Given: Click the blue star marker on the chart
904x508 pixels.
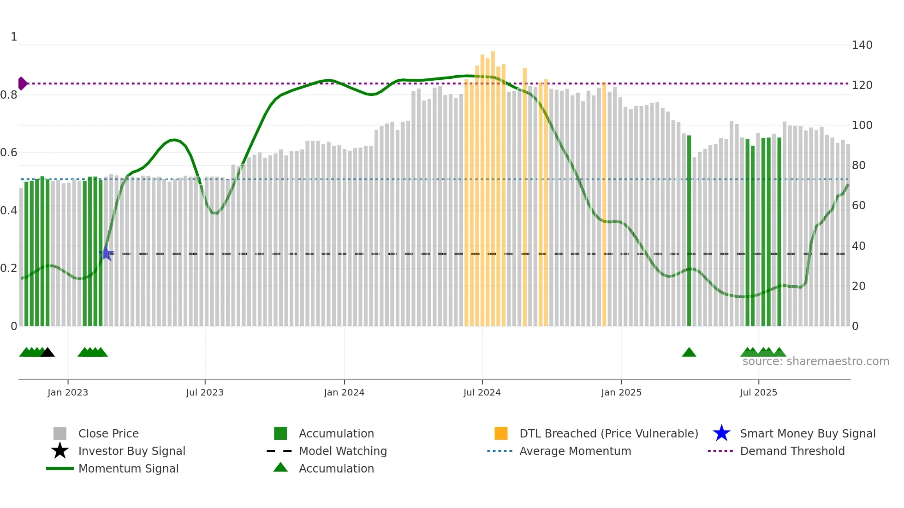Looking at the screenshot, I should coord(106,254).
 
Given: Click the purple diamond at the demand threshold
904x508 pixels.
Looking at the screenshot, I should coord(22,83).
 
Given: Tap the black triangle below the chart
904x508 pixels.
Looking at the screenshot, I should coord(48,353).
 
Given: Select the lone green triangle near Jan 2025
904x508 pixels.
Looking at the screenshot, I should coord(689,353).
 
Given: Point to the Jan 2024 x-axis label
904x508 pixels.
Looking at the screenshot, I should coord(344,392).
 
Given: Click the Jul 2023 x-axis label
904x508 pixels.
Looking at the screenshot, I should coord(205,392).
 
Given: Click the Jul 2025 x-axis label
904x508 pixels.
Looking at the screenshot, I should coord(758,392).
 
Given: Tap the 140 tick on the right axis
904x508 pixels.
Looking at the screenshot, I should coord(862,45).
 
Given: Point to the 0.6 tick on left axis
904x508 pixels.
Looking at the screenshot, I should coord(9,153).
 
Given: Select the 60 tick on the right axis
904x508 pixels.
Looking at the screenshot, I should coord(858,206).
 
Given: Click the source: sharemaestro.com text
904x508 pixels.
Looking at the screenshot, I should coord(815,361).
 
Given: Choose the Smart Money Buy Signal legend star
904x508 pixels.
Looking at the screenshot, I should coord(721,433).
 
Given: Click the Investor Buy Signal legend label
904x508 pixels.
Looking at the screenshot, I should coord(132,451).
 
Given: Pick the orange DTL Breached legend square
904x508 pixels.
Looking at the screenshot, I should coord(501,433).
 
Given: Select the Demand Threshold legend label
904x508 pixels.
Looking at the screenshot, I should coord(792,451).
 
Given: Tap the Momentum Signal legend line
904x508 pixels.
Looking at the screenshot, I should coord(60,468).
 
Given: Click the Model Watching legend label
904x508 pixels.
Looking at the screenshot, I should coord(343,451).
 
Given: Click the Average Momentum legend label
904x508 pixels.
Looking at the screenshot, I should coord(575,451).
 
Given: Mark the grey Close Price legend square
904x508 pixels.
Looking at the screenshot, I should coord(60,433).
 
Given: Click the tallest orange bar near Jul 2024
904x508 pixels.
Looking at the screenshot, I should coord(493,184).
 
